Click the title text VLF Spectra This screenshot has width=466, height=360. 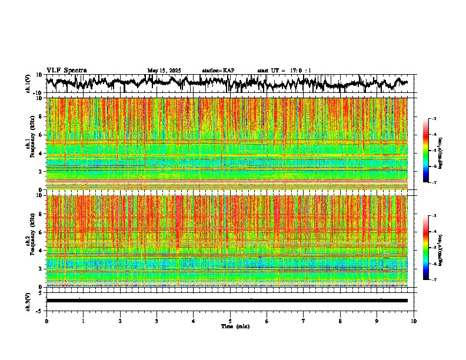click(66, 70)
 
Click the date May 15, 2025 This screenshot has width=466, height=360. click(164, 71)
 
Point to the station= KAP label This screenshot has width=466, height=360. click(218, 71)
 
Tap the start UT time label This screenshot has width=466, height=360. click(284, 71)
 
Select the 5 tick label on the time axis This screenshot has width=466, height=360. click(230, 321)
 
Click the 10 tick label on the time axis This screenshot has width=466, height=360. click(414, 321)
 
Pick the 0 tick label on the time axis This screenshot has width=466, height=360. click(46, 321)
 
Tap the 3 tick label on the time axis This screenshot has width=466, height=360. click(157, 321)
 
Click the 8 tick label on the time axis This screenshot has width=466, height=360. click(340, 321)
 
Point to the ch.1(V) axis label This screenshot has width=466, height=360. click(28, 84)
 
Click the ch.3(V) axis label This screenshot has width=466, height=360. click(28, 301)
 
